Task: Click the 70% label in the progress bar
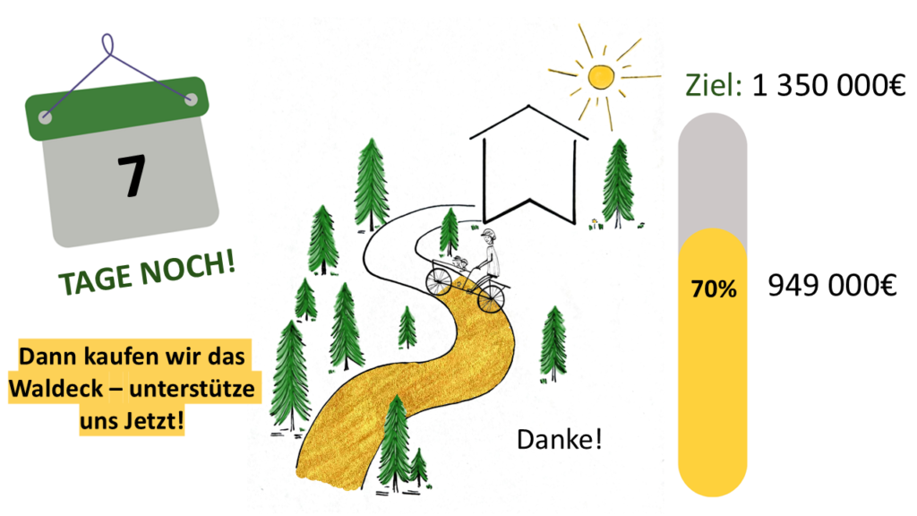point(713,289)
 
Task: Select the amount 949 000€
point(832,287)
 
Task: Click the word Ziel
point(714,87)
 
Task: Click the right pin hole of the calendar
point(191,99)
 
